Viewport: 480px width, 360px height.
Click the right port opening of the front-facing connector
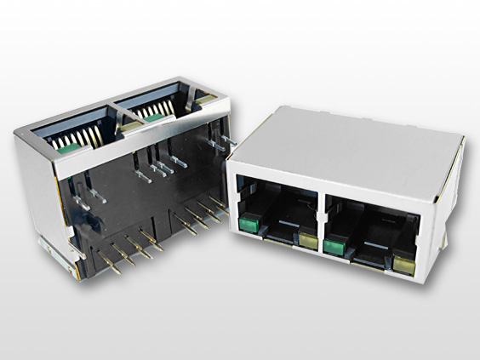(x=369, y=230)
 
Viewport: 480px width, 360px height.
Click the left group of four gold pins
(x=128, y=251)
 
